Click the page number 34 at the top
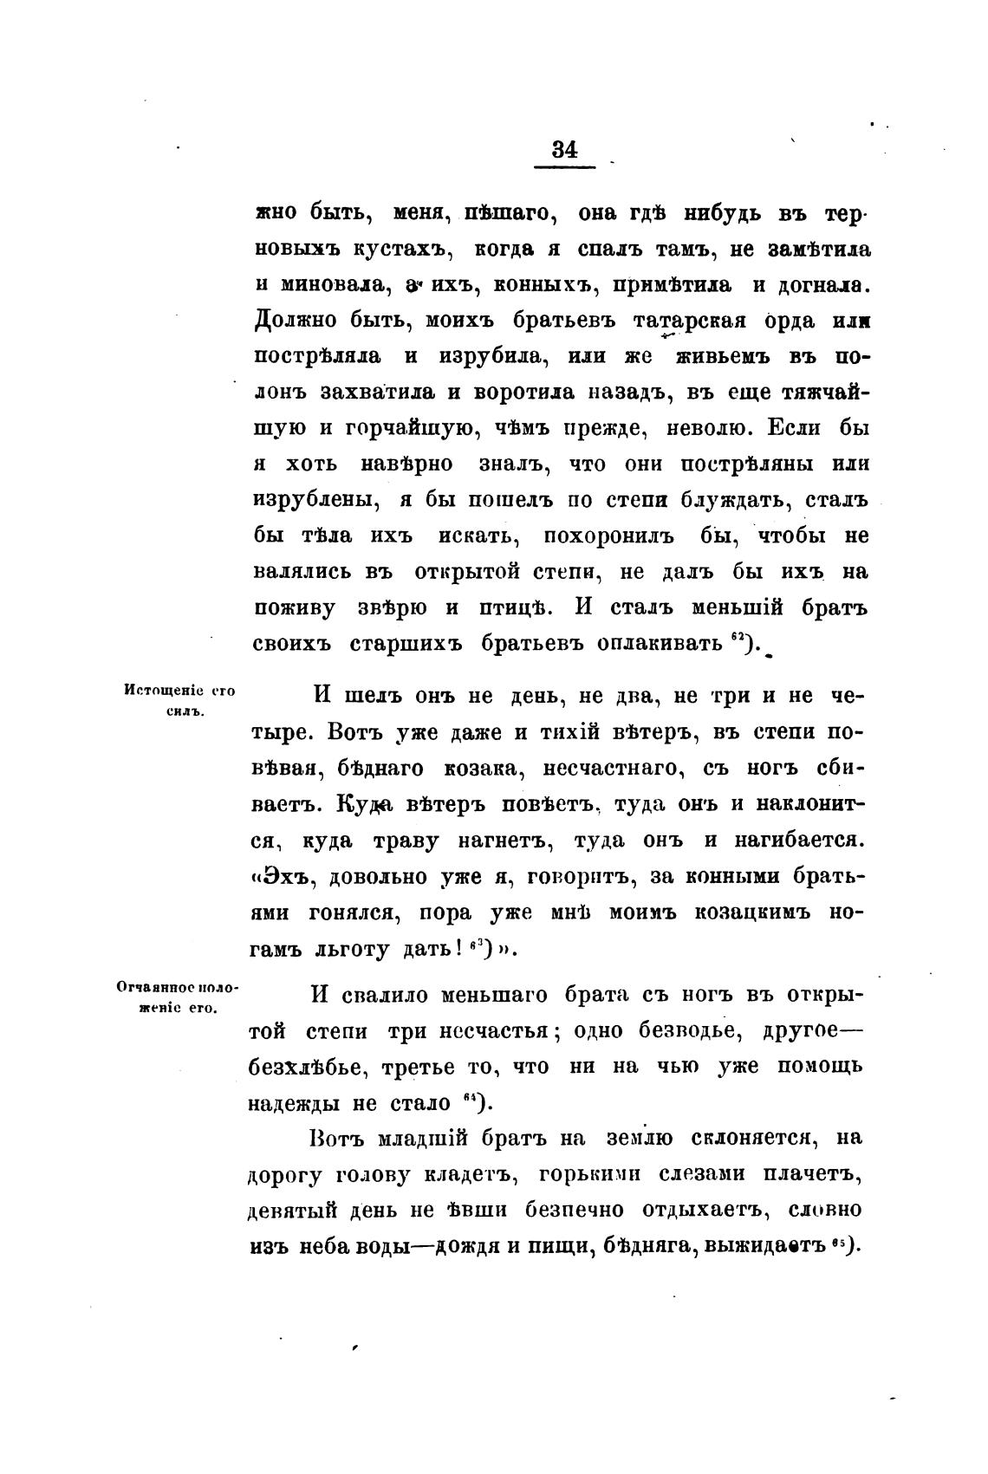pyautogui.click(x=564, y=148)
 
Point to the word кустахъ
pyautogui.click(x=405, y=249)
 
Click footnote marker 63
pyautogui.click(x=475, y=944)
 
